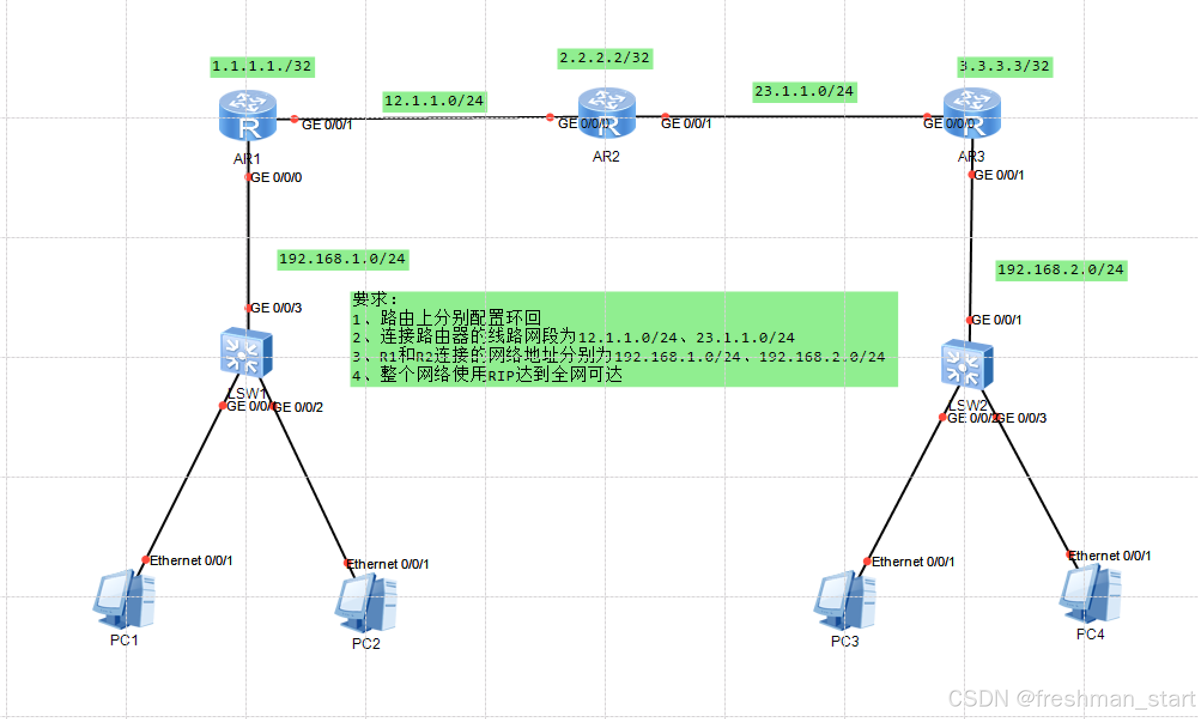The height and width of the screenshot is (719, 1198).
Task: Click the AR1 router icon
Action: coord(248,115)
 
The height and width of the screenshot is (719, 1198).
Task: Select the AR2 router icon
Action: coord(606,113)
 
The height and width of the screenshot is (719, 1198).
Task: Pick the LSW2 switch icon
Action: coord(967,364)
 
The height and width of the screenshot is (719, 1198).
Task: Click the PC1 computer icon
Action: coord(124,599)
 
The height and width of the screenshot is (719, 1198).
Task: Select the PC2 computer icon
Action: coord(366,603)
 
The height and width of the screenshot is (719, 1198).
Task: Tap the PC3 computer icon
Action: coord(845,600)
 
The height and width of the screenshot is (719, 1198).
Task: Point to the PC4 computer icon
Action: coord(1090,595)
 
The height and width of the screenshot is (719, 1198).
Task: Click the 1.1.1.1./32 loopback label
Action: coord(262,66)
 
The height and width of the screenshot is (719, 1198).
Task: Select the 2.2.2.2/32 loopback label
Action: coord(604,58)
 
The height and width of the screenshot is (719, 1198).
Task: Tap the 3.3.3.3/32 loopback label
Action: coord(1005,66)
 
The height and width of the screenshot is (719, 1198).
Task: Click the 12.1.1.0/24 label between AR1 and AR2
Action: coord(434,101)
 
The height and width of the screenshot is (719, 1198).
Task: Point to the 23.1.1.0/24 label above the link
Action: coord(804,92)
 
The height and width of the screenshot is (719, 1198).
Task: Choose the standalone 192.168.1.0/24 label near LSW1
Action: coord(342,259)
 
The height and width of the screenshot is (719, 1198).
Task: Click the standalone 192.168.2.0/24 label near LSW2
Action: coord(1061,270)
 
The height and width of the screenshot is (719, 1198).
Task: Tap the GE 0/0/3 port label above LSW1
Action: coord(276,308)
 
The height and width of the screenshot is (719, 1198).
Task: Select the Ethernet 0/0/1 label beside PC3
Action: coord(912,562)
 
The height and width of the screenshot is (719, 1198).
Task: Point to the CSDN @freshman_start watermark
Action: coord(1072,699)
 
